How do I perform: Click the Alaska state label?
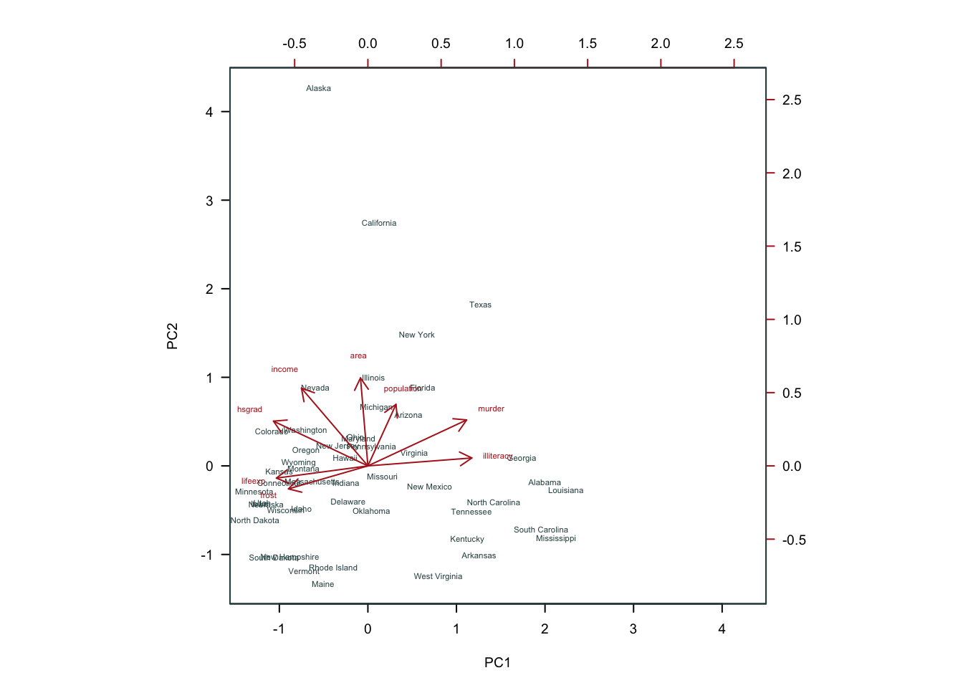(x=318, y=89)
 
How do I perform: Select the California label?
(x=379, y=224)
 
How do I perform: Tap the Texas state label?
(x=480, y=305)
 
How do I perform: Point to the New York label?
(x=416, y=335)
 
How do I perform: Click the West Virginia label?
(x=438, y=577)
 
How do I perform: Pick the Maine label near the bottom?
(x=322, y=585)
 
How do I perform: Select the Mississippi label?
(x=555, y=539)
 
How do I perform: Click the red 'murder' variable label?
(x=491, y=409)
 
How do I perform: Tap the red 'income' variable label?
(x=284, y=370)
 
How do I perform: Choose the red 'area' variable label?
(x=358, y=356)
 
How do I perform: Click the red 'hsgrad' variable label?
(x=249, y=410)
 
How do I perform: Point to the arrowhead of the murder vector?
(x=466, y=420)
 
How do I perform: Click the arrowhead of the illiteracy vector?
(x=471, y=457)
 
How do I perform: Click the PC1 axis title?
(x=497, y=663)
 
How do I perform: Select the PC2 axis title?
(x=173, y=336)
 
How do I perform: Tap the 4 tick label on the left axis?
(x=209, y=112)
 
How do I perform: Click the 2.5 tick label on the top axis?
(x=734, y=44)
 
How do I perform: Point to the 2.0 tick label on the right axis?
(x=792, y=173)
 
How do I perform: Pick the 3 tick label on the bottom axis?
(x=633, y=629)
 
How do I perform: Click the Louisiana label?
(x=565, y=491)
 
